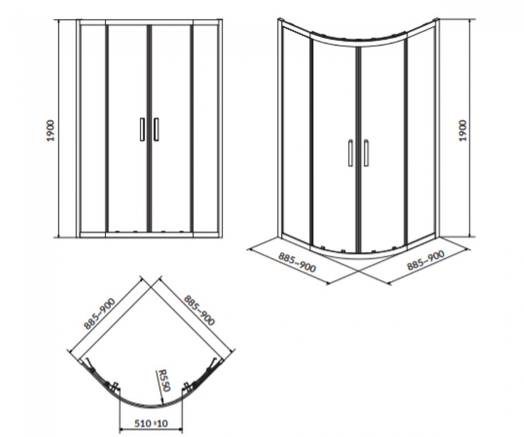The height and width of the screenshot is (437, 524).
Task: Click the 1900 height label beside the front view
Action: [x=50, y=130]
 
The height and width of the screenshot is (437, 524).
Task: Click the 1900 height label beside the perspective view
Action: [x=462, y=130]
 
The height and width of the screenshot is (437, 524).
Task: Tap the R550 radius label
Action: [x=165, y=379]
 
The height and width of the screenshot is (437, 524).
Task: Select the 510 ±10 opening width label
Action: [x=151, y=424]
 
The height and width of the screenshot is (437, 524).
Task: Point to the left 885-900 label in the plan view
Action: [x=99, y=313]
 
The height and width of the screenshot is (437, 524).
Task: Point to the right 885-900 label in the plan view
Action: [x=199, y=310]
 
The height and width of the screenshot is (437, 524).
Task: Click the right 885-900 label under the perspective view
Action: [x=425, y=260]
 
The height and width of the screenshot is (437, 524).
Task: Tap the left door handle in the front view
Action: [x=142, y=129]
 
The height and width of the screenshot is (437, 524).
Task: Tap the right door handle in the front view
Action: [x=156, y=129]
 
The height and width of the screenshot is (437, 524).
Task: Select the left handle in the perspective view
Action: [x=350, y=153]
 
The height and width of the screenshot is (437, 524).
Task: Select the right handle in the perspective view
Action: [x=366, y=153]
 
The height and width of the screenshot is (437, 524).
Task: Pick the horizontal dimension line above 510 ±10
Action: [x=151, y=429]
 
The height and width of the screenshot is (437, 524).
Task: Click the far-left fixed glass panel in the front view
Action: [x=93, y=128]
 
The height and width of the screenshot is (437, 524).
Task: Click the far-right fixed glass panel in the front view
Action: [x=206, y=128]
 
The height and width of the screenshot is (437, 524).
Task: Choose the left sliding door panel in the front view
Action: [x=128, y=128]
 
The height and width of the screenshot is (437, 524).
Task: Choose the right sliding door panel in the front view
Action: [x=171, y=128]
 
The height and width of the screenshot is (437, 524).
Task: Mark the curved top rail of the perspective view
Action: [x=358, y=39]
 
